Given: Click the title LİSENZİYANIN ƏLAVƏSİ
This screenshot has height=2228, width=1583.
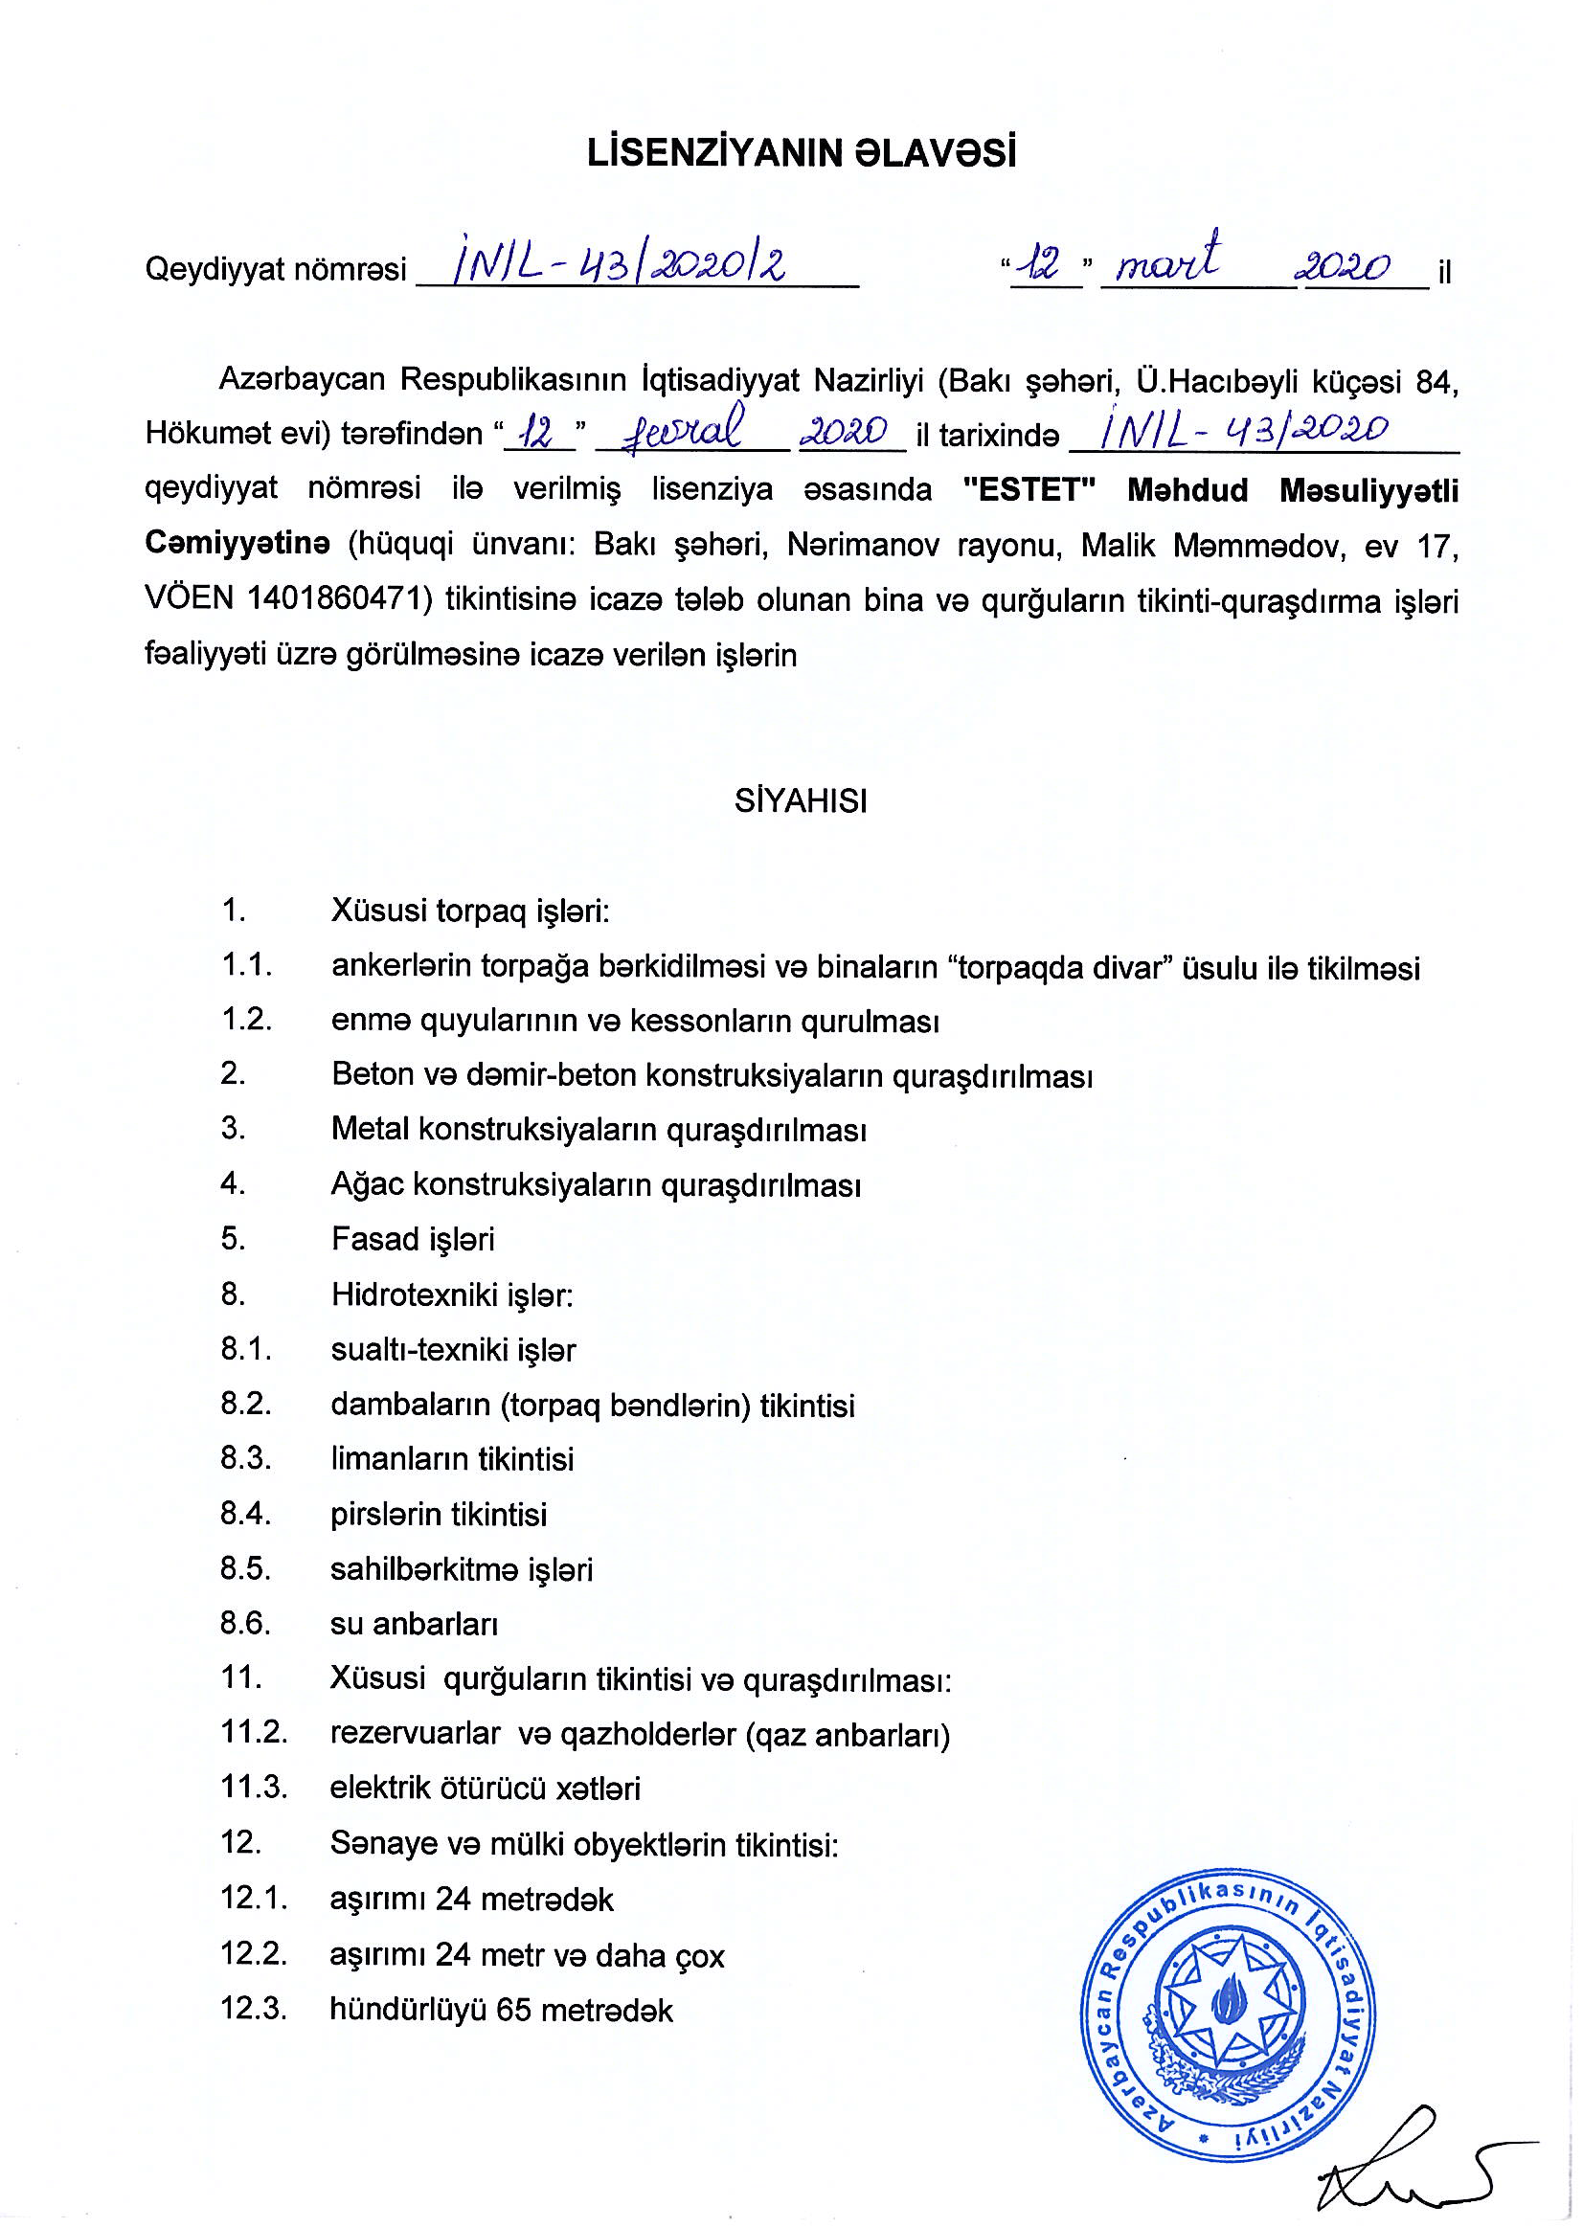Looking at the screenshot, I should [802, 153].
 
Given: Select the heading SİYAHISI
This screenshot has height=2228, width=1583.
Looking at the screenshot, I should [801, 801].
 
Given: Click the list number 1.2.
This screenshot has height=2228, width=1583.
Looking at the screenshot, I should [244, 1020].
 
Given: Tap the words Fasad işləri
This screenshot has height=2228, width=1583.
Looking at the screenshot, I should [413, 1239].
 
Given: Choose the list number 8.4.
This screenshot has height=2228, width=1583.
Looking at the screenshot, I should [244, 1514].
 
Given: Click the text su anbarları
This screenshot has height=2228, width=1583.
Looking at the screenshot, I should [415, 1624].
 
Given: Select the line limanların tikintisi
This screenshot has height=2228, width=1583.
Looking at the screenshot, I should [452, 1459].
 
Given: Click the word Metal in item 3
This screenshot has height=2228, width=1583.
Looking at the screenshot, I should [370, 1129].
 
